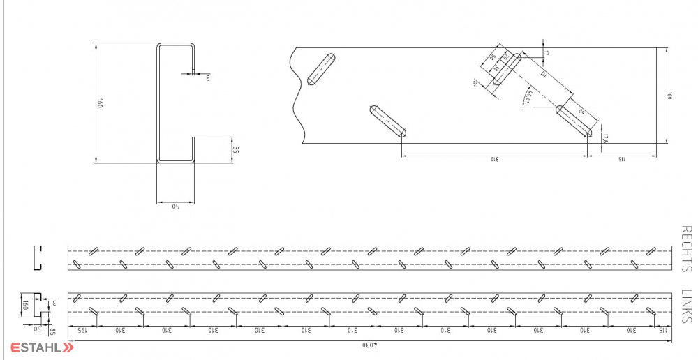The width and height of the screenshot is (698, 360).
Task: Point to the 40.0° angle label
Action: click(x=530, y=97)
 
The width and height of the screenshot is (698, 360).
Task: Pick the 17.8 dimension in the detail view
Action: click(x=605, y=137)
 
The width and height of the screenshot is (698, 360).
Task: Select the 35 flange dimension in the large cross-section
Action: click(x=237, y=149)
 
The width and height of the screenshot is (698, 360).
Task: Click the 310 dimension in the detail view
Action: click(x=493, y=160)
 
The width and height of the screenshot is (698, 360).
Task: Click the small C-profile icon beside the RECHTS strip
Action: click(x=38, y=257)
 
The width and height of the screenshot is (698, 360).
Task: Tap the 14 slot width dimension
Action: click(x=475, y=83)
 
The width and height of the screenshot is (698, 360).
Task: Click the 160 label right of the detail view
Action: click(x=671, y=95)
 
